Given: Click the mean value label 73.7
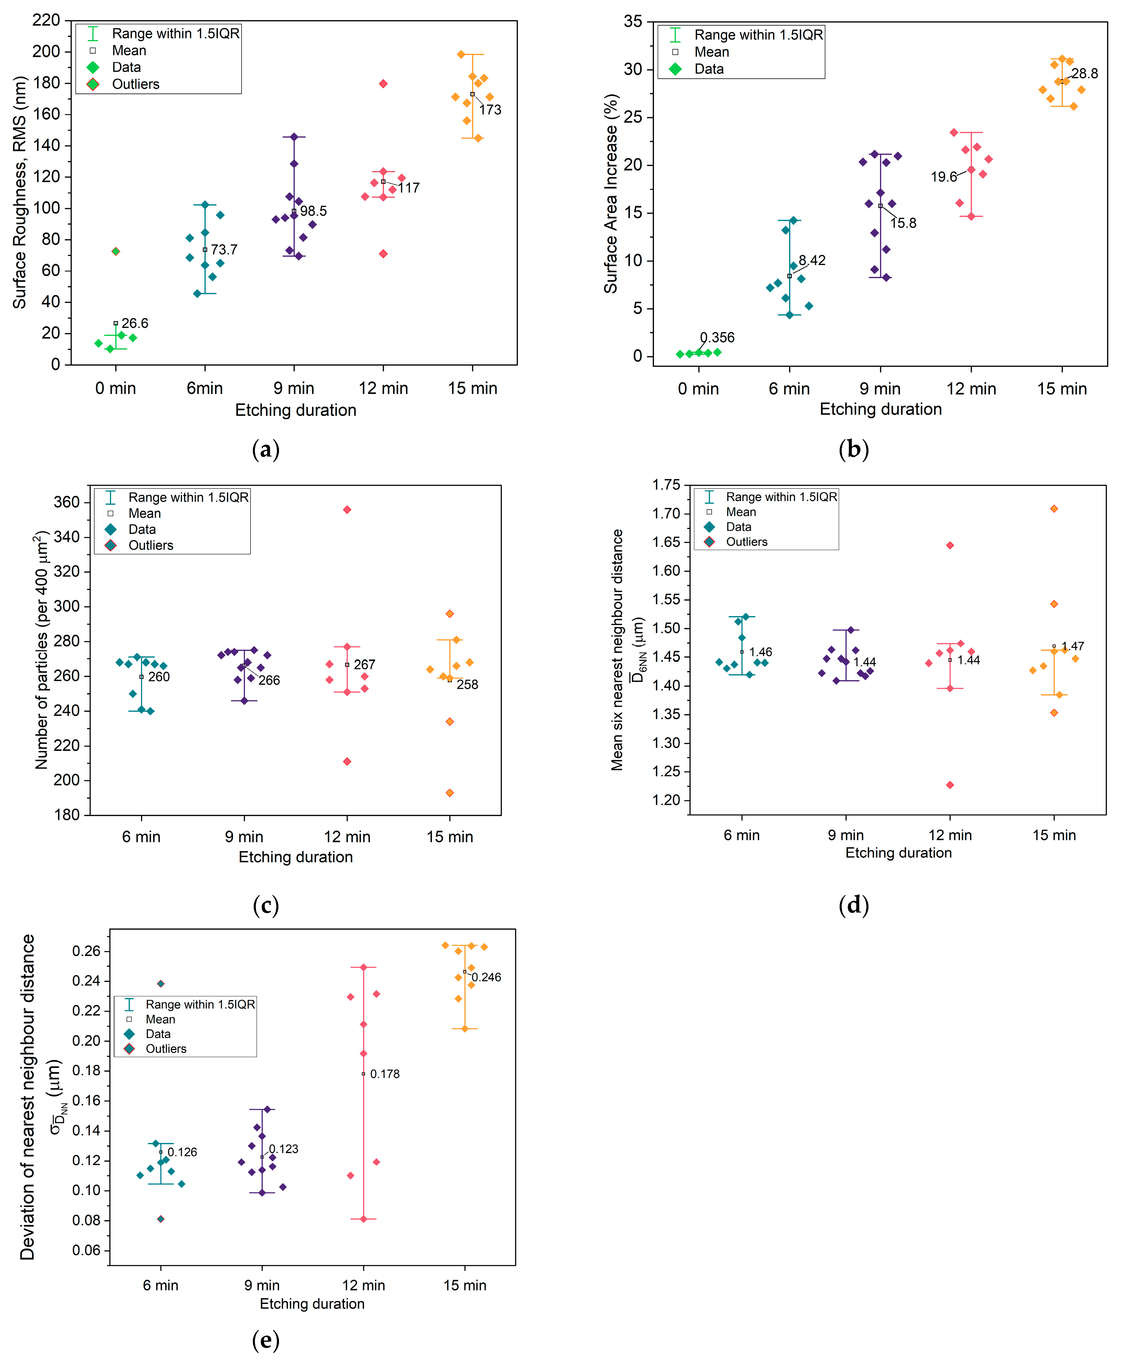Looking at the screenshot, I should [224, 250].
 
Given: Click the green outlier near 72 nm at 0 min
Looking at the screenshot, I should [116, 252].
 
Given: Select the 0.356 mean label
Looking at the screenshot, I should [718, 337].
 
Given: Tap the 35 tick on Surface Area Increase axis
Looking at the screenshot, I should [633, 22].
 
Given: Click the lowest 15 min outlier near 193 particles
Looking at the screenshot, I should [450, 793].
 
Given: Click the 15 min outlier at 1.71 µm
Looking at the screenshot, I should [1054, 509].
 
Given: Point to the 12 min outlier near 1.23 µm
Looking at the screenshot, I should [950, 785].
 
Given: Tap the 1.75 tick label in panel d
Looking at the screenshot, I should [666, 485].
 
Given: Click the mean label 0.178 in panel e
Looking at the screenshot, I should [385, 1074].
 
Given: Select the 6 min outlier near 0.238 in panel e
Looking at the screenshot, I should [161, 984].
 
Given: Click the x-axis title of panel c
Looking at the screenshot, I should [296, 857].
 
